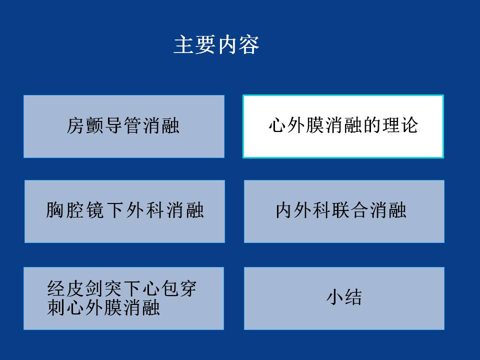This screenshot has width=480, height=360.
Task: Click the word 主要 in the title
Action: coord(195,44)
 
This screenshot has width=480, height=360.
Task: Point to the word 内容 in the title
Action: coord(238,44)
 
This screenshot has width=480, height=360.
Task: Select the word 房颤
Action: coord(85,125)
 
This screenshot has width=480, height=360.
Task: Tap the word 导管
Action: coord(123,125)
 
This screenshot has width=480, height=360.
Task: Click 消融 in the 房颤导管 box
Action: coord(160,125)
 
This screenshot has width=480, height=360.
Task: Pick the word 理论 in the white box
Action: coord(399,125)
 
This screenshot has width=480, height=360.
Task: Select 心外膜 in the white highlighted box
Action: coord(296,125)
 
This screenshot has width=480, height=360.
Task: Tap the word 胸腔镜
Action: coord(75,210)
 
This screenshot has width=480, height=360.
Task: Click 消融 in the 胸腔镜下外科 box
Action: coord(185,210)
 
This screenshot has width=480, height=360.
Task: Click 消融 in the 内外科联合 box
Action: coord(387,210)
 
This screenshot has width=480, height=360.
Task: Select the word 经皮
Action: coord(66,288)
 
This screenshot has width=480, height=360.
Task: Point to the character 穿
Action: coord(187,288)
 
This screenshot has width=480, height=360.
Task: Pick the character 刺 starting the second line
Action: coord(56,307)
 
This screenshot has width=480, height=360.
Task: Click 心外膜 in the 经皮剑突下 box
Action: coord(94,307)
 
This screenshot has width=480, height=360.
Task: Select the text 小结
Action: coord(344,297)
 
